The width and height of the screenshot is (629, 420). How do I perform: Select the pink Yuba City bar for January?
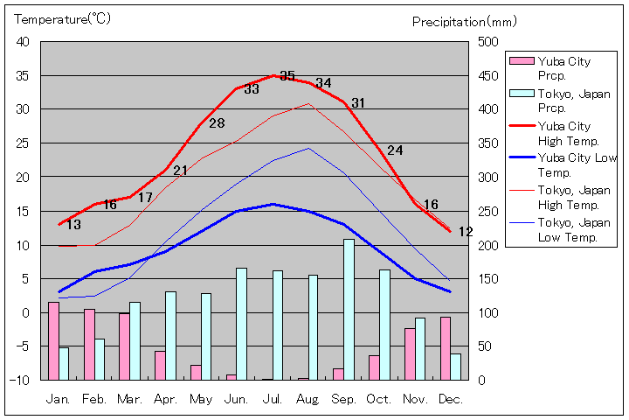[x=53, y=340]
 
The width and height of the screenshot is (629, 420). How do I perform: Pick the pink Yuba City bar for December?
[x=446, y=348]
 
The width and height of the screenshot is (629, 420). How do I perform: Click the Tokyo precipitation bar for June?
[x=241, y=324]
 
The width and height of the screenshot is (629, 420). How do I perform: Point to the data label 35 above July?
[x=287, y=76]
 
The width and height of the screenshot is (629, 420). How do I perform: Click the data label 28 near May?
[x=217, y=123]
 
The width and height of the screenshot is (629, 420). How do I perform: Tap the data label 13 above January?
[x=73, y=225]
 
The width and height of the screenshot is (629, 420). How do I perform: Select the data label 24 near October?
[x=395, y=150]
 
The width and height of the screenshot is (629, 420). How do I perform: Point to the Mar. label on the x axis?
[x=129, y=399]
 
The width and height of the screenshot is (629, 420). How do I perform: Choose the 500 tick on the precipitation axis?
[x=487, y=42]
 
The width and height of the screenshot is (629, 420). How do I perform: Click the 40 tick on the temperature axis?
[x=23, y=42]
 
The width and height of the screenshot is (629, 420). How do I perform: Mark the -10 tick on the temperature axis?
[x=19, y=380]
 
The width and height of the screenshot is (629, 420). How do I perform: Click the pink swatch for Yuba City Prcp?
[x=522, y=61]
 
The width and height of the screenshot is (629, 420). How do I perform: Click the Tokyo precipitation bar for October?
[x=384, y=325]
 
